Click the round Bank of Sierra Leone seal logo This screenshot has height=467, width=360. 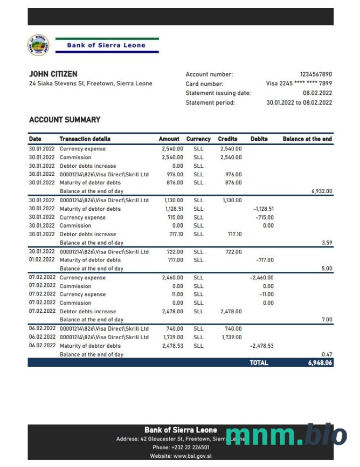click(38, 45)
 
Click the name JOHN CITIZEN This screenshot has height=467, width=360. click(53, 74)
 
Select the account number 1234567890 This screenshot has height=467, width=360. click(316, 74)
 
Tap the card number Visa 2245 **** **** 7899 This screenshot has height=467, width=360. click(299, 84)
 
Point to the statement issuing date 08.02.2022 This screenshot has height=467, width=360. click(317, 93)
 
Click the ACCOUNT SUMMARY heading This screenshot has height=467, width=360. click(65, 120)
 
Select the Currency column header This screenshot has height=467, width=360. click(198, 139)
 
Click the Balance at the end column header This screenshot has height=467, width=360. click(307, 139)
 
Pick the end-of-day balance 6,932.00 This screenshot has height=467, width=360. click(322, 191)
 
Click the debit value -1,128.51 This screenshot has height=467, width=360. click(264, 209)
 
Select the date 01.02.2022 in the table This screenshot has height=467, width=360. click(41, 260)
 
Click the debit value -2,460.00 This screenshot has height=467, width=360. click(261, 278)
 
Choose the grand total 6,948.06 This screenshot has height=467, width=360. click(320, 363)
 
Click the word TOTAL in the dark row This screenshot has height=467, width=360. click(259, 363)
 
